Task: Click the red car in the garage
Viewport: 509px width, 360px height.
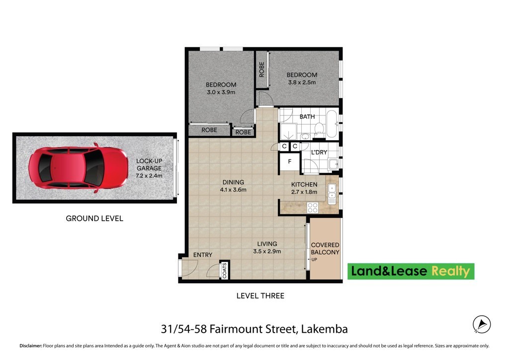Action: (x=78, y=168)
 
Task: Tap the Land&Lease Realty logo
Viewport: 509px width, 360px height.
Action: (x=411, y=271)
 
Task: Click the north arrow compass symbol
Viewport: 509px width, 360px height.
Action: (x=482, y=324)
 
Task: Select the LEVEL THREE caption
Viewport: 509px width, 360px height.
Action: (x=260, y=296)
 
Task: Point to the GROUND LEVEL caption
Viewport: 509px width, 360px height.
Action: (x=94, y=218)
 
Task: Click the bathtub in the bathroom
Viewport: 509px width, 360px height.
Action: (x=332, y=124)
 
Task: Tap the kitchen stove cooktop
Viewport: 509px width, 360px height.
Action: (x=313, y=208)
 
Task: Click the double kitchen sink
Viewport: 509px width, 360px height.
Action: (x=332, y=194)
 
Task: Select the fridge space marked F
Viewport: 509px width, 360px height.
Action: (x=290, y=161)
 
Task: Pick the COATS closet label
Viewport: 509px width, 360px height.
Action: (x=225, y=270)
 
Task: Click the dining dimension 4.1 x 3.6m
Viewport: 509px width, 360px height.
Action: (x=233, y=190)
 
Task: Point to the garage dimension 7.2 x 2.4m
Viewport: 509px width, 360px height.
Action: (x=149, y=176)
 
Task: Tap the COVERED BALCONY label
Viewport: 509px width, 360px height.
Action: (x=325, y=249)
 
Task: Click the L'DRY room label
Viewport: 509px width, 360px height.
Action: (x=319, y=152)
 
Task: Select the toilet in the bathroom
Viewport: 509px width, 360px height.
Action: (x=319, y=129)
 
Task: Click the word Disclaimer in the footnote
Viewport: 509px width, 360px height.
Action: (x=31, y=346)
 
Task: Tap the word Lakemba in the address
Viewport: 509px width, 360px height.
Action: (x=324, y=329)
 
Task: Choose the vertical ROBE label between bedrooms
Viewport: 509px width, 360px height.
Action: (x=261, y=70)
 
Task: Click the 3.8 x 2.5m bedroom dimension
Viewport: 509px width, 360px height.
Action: (x=302, y=83)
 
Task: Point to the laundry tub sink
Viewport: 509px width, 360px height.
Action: (x=333, y=164)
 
